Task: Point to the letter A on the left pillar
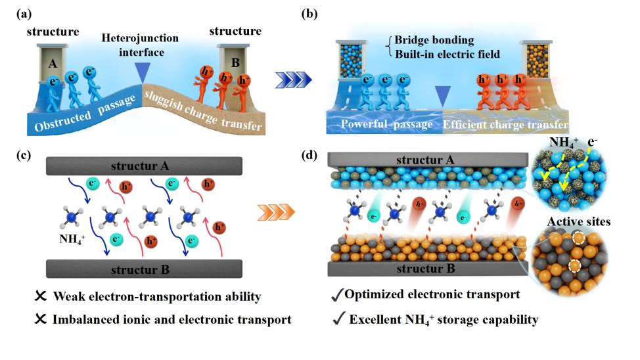tap(50, 64)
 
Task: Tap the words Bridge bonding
tap(428, 41)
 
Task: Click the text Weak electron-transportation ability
tap(149, 297)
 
